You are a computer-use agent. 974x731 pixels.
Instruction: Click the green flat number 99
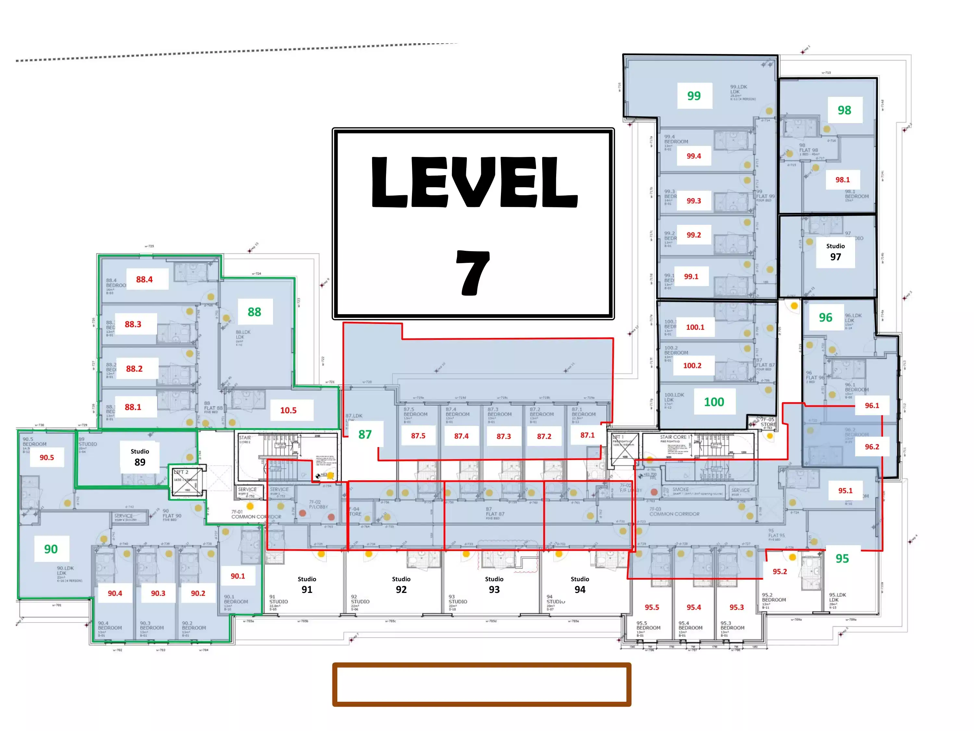[694, 96]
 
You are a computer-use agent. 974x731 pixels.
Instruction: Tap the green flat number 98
[844, 110]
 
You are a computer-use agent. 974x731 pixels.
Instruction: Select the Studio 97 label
[835, 252]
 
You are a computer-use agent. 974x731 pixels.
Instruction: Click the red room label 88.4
[144, 279]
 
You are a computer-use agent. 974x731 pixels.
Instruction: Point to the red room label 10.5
[288, 410]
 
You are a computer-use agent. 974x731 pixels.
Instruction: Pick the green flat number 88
[255, 312]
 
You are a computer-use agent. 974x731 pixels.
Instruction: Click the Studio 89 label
[140, 457]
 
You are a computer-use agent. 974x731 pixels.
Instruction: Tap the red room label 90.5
[47, 457]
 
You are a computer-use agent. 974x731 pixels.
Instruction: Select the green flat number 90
[51, 549]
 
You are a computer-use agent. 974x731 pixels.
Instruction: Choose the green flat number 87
[365, 434]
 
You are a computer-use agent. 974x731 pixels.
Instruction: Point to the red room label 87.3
[504, 436]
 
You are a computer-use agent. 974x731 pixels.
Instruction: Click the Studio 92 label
[401, 585]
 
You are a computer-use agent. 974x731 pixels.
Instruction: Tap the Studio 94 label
[580, 585]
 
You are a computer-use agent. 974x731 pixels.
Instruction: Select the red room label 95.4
[693, 607]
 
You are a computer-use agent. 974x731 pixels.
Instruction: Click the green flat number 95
[842, 559]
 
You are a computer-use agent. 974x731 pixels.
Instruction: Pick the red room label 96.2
[872, 447]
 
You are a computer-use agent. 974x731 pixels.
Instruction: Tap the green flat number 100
[714, 402]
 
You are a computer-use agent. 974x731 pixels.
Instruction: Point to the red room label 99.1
[691, 277]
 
